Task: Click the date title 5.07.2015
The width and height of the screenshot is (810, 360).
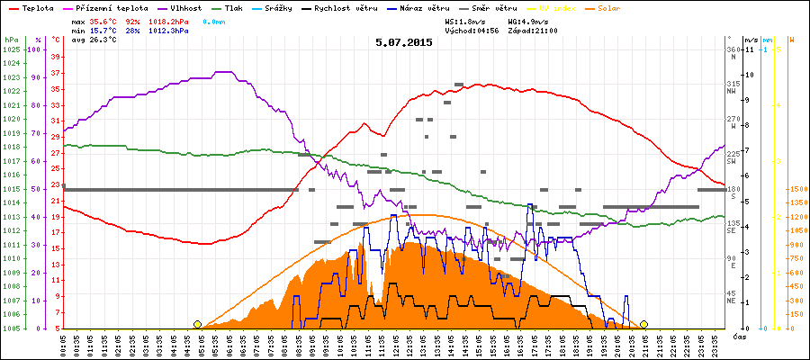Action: (404, 42)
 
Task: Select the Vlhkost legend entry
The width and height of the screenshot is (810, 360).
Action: (184, 7)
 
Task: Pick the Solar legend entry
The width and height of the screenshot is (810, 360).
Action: (608, 7)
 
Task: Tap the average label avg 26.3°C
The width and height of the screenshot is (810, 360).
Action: (93, 40)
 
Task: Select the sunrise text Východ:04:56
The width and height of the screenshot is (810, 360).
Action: (472, 30)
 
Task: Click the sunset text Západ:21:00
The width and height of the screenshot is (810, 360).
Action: (533, 30)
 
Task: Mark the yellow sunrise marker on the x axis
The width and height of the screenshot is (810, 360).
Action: (197, 324)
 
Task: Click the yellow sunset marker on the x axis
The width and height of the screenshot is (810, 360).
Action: (644, 324)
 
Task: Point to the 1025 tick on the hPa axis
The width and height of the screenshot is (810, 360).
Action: (11, 49)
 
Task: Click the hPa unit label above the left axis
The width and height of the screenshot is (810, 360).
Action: (11, 40)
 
